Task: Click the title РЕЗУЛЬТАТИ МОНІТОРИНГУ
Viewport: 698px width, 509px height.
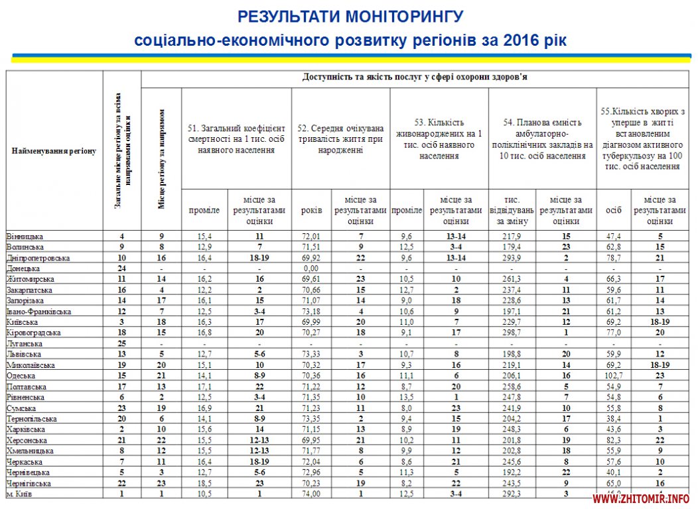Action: click(350, 16)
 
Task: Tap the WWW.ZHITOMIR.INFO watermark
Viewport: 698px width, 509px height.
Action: click(641, 498)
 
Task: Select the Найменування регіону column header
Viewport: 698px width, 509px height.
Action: click(54, 151)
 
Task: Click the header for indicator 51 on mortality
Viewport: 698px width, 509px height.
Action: click(236, 139)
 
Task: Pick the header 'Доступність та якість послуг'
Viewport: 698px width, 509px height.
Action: click(415, 77)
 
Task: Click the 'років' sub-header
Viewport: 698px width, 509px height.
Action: click(311, 210)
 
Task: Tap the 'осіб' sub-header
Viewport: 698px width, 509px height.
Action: click(614, 210)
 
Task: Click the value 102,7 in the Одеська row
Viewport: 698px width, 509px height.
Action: click(614, 376)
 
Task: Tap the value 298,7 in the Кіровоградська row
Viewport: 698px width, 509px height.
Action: click(512, 333)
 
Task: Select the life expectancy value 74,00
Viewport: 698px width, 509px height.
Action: click(311, 494)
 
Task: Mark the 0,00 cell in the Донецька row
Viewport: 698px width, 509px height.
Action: click(311, 268)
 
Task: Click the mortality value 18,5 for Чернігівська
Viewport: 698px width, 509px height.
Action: click(204, 483)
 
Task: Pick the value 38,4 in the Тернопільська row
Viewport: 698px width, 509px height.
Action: click(614, 419)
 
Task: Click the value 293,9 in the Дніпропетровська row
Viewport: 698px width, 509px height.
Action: click(512, 258)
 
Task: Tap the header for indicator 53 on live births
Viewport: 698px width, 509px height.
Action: click(439, 139)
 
